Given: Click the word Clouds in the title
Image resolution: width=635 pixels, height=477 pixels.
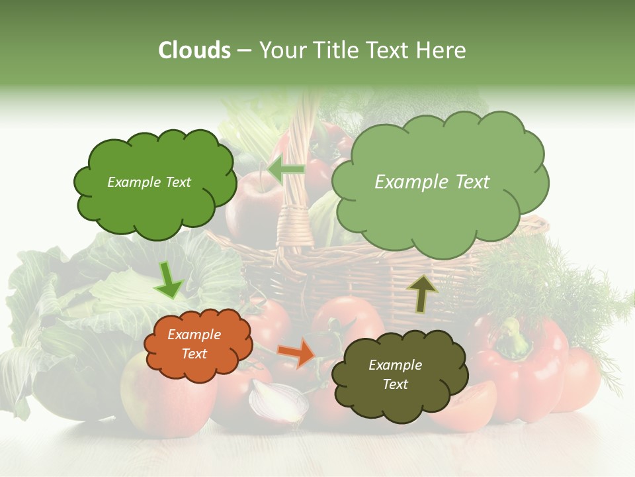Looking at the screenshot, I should [194, 50].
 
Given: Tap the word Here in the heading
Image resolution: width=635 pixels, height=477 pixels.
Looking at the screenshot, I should [443, 50].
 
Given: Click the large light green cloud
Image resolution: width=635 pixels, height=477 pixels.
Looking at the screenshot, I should [440, 212].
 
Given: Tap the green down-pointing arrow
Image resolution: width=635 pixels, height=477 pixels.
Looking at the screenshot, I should [168, 281].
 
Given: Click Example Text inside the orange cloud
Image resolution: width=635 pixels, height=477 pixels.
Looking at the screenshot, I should [194, 344].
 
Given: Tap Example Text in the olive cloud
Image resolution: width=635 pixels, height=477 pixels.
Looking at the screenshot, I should [395, 374].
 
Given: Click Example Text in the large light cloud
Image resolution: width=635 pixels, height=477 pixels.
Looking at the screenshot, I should [432, 182].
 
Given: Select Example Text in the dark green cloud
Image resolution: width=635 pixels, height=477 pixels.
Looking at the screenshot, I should [149, 182].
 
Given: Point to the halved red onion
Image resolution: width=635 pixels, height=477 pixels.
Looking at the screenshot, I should [278, 401].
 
